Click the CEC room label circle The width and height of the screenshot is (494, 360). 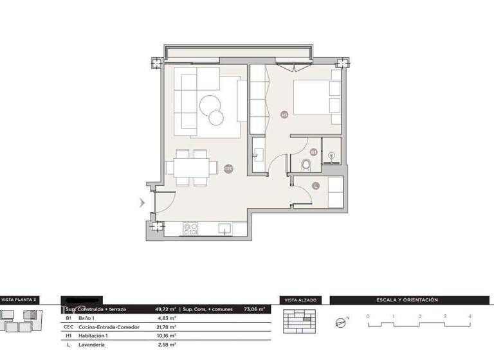228,169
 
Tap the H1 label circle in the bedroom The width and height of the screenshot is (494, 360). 284,114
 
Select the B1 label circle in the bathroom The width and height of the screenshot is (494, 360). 313,152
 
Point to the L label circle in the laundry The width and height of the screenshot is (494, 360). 315,186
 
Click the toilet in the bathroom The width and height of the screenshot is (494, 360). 306,166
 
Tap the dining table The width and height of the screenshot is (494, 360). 191,167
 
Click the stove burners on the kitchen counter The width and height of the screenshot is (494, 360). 190,228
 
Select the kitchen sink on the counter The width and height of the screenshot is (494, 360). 225,228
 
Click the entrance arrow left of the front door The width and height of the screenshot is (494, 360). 143,203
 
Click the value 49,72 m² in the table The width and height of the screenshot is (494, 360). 165,309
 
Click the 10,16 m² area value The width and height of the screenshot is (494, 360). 167,336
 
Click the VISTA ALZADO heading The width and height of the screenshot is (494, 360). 297,300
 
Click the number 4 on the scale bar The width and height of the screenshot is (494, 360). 470,316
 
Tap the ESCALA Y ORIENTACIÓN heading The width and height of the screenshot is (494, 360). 407,300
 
